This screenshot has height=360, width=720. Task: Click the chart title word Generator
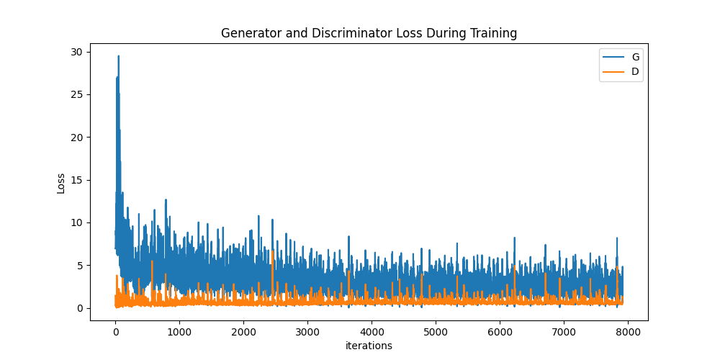247,33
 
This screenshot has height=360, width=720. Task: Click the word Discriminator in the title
337,33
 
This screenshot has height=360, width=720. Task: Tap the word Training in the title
492,33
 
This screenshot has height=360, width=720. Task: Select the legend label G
635,57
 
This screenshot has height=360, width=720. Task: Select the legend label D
635,71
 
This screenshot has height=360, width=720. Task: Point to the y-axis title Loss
61,183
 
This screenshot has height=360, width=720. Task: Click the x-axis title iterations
369,346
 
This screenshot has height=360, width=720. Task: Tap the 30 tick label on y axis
76,52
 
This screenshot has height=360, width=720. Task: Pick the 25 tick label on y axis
76,94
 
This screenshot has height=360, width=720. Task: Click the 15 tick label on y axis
76,180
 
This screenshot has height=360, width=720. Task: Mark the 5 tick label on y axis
78,266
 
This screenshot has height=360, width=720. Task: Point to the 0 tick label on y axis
78,308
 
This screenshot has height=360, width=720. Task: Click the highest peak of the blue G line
119,56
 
